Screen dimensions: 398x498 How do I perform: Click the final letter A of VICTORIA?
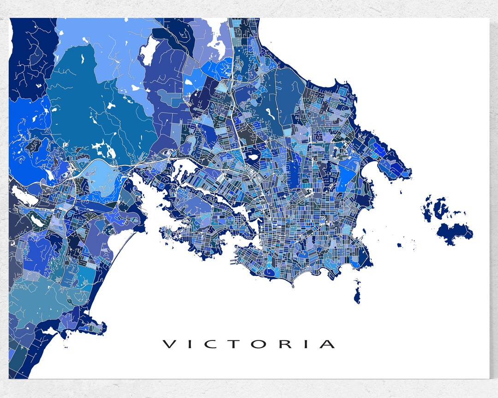coord(328,344)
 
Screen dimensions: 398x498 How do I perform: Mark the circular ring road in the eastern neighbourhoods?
coord(342,152)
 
